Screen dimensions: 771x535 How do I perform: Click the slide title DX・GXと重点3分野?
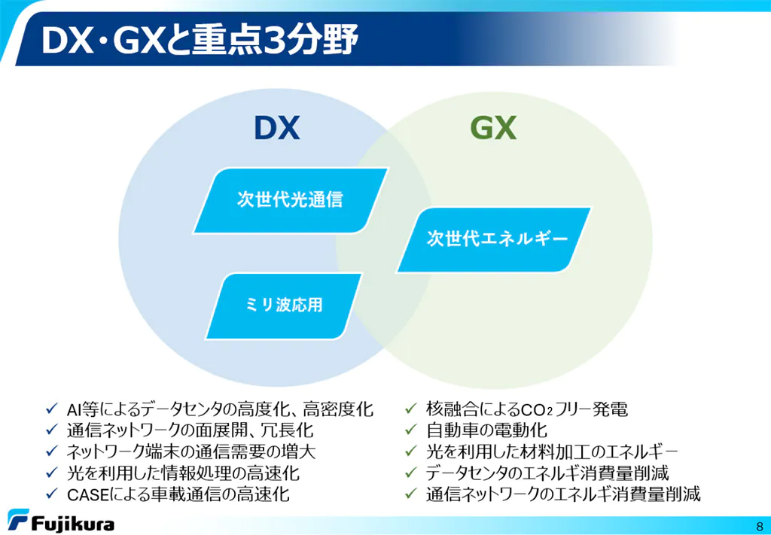click(x=200, y=41)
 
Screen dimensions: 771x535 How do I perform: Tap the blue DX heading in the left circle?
click(x=277, y=129)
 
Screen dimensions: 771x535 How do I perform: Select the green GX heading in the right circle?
click(x=493, y=129)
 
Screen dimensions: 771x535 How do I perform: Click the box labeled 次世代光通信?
click(x=291, y=200)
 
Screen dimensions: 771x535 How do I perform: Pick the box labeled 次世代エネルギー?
click(x=494, y=240)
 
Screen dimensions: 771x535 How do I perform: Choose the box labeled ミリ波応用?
click(x=284, y=306)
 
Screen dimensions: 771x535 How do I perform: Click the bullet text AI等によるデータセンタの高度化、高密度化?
click(x=220, y=409)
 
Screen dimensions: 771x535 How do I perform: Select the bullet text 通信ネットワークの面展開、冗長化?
click(x=190, y=430)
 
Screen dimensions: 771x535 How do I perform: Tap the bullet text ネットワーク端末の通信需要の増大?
click(x=191, y=451)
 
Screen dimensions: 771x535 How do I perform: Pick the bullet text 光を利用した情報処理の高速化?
click(x=183, y=473)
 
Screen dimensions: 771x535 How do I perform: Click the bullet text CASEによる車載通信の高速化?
click(x=178, y=494)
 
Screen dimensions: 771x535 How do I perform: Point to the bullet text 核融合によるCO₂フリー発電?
click(x=527, y=409)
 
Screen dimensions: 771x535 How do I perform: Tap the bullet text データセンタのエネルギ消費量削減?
click(x=547, y=473)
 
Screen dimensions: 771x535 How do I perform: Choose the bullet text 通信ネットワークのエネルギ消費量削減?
click(x=563, y=494)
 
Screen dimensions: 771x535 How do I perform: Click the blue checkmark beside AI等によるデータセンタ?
click(x=52, y=409)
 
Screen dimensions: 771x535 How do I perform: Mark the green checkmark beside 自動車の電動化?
click(x=411, y=430)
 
